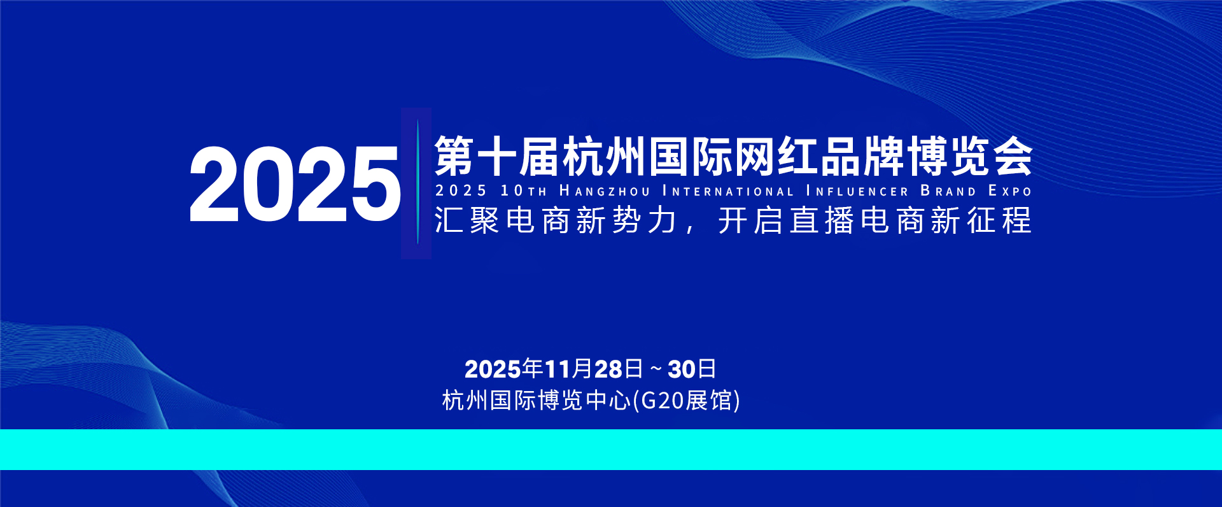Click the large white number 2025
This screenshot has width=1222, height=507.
tap(295, 184)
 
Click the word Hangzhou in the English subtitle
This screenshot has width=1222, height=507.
tap(605, 191)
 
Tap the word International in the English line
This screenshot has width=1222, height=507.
tap(728, 191)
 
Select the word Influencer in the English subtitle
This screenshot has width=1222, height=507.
tap(857, 191)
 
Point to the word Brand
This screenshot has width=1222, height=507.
tap(948, 191)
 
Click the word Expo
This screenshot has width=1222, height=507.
tap(1009, 191)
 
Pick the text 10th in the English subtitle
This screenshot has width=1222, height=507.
tap(523, 191)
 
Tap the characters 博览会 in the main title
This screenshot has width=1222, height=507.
tap(969, 156)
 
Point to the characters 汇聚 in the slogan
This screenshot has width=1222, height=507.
tap(467, 220)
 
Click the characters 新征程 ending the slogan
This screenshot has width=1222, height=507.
tap(981, 220)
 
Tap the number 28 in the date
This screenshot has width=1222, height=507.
tap(608, 369)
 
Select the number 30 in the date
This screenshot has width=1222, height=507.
tap(682, 369)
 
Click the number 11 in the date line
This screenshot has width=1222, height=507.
tap(557, 369)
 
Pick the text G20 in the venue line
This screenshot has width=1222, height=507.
tap(661, 401)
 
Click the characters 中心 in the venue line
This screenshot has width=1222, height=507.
tap(608, 401)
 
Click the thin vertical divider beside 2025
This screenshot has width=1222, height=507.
tap(418, 182)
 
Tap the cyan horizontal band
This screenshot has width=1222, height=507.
tap(611, 450)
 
